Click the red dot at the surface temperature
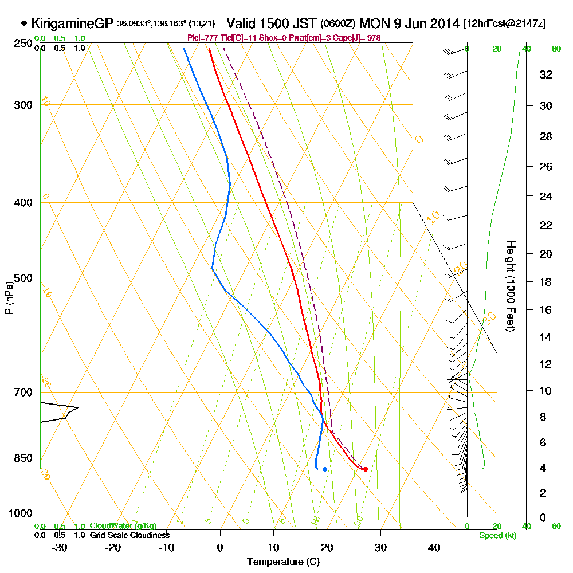365,469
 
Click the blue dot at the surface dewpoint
325,469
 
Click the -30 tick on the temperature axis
60,547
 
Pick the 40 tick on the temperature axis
434,547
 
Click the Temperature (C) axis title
283,562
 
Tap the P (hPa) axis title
9,297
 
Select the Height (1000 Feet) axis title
509,286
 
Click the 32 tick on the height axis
546,74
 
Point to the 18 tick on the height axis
546,282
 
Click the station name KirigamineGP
72,23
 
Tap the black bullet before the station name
24,23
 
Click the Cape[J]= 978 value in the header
359,38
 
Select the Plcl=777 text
203,38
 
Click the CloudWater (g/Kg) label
123,526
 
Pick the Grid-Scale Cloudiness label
129,535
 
